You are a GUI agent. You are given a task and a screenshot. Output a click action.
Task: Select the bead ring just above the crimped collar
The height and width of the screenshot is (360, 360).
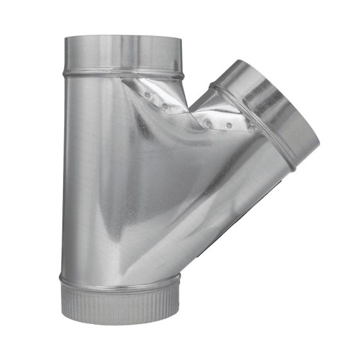(122, 280)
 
